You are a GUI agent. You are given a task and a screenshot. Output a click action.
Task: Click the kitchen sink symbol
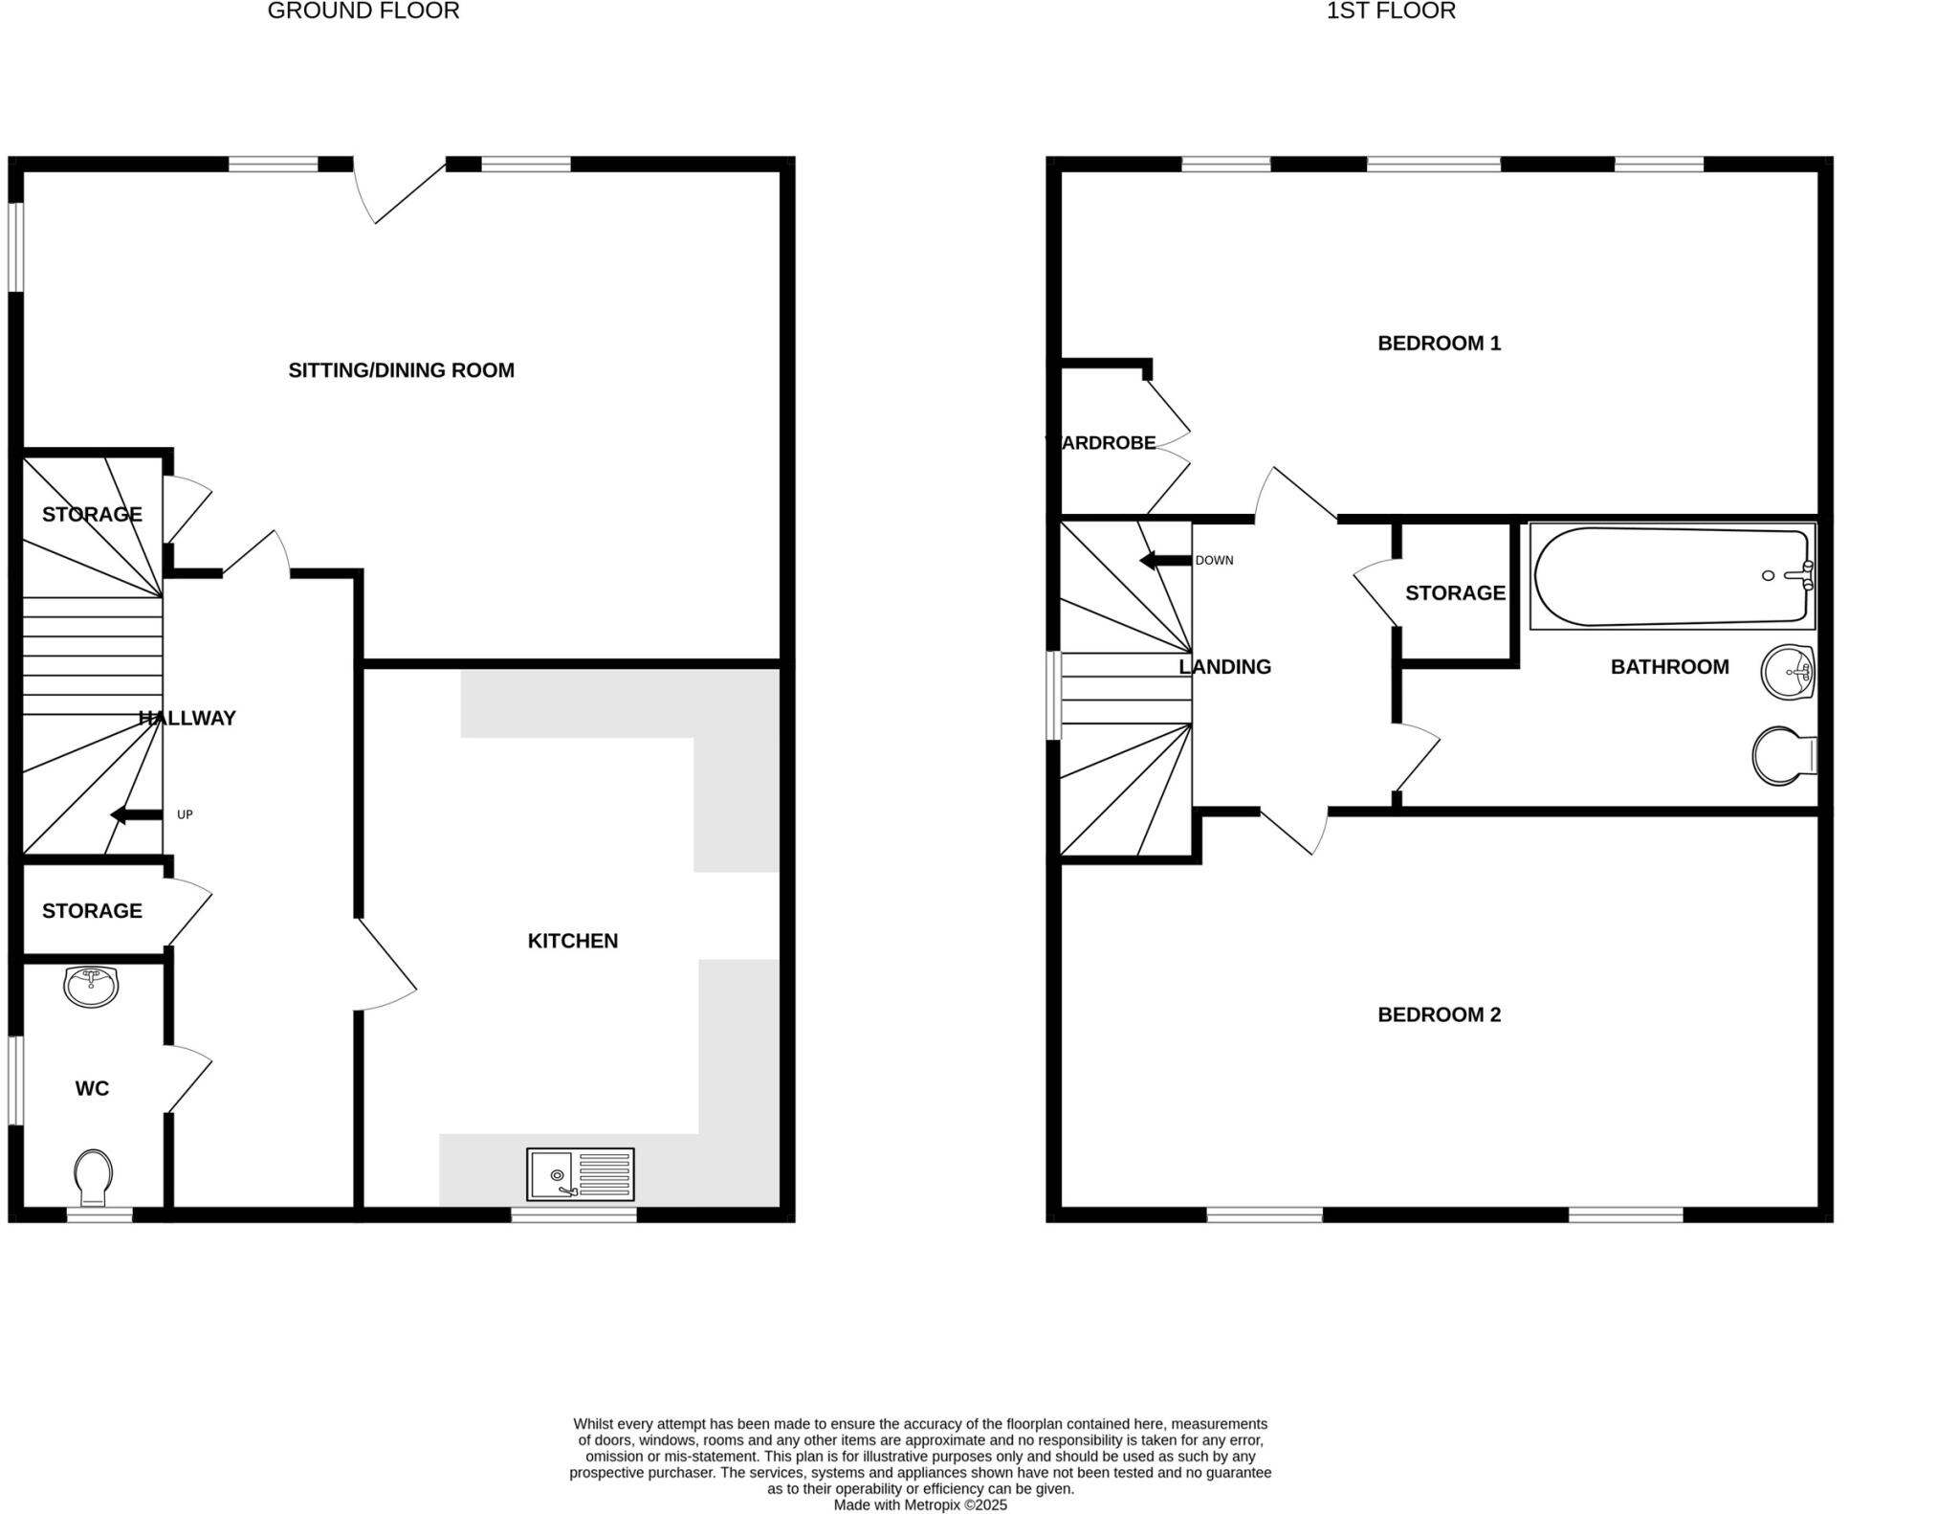pyautogui.click(x=580, y=1173)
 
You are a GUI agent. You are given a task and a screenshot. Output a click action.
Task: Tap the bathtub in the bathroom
pyautogui.click(x=1672, y=576)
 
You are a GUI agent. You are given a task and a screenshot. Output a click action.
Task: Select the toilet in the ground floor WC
pyautogui.click(x=93, y=1178)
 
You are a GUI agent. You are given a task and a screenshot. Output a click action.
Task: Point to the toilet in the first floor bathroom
pyautogui.click(x=1783, y=756)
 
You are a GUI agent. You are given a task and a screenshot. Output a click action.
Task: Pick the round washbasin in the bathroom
pyautogui.click(x=1788, y=672)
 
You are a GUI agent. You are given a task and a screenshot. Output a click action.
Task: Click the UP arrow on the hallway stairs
pyautogui.click(x=136, y=814)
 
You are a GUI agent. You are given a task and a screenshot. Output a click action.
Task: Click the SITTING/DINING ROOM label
pyautogui.click(x=401, y=370)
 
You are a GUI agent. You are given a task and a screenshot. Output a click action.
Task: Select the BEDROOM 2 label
pyautogui.click(x=1439, y=1014)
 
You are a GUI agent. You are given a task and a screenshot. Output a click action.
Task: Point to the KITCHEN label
pyautogui.click(x=572, y=941)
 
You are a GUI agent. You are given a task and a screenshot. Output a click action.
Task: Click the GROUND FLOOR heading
pyautogui.click(x=363, y=11)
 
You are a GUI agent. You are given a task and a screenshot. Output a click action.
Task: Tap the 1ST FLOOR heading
pyautogui.click(x=1391, y=11)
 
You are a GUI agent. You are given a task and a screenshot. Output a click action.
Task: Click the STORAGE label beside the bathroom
pyautogui.click(x=1455, y=593)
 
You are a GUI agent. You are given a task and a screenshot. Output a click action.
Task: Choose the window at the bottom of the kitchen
pyautogui.click(x=574, y=1214)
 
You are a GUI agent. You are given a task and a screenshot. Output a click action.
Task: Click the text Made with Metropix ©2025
pyautogui.click(x=920, y=1504)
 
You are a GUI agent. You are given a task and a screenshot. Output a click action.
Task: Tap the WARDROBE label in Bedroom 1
pyautogui.click(x=1103, y=443)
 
